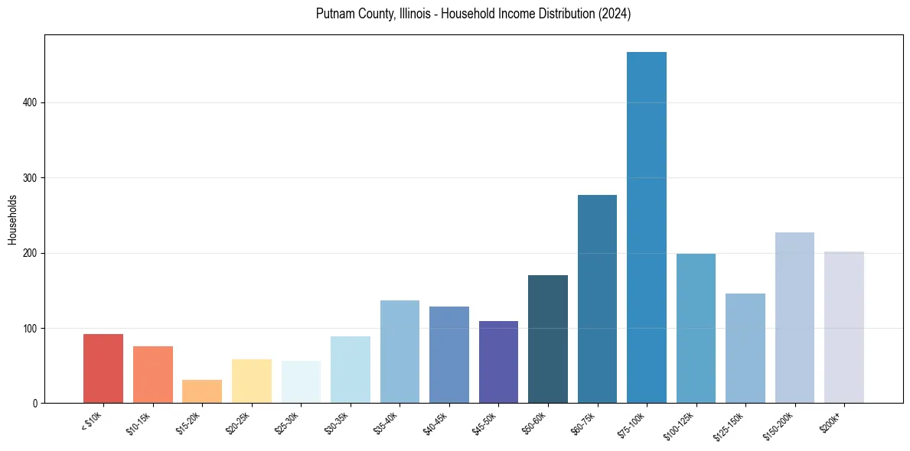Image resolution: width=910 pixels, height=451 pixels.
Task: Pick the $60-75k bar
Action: pyautogui.click(x=597, y=299)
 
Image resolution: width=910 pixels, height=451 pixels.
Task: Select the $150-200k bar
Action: pyautogui.click(x=794, y=317)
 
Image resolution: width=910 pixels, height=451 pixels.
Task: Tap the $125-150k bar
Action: pyautogui.click(x=745, y=348)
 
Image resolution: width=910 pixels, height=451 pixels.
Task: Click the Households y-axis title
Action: pyautogui.click(x=12, y=219)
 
